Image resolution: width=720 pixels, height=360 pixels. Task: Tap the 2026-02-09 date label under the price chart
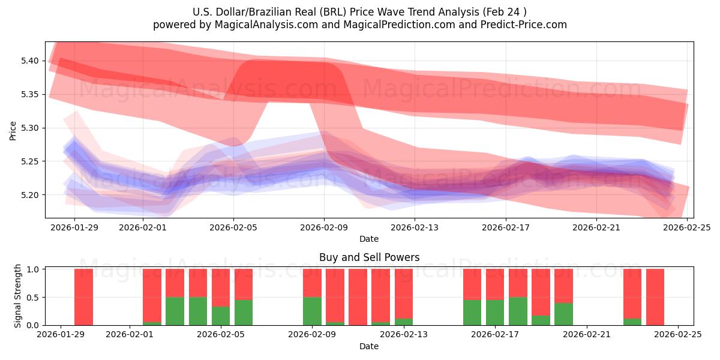pyautogui.click(x=324, y=227)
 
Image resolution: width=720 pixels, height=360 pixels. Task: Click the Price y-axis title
pyautogui.click(x=13, y=130)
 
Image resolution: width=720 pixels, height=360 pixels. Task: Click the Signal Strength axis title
pyautogui.click(x=18, y=296)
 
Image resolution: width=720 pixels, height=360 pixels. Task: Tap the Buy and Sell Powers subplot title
pyautogui.click(x=369, y=257)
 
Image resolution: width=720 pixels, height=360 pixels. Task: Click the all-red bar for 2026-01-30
pyautogui.click(x=83, y=297)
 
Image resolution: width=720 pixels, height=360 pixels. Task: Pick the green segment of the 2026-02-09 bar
pyautogui.click(x=312, y=311)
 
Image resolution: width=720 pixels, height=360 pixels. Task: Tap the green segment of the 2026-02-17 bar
pyautogui.click(x=518, y=311)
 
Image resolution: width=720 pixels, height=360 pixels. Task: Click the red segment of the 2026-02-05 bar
pyautogui.click(x=221, y=287)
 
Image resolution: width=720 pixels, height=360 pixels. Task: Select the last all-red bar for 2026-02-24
pyautogui.click(x=655, y=297)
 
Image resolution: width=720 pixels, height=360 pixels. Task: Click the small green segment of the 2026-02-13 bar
pyautogui.click(x=404, y=322)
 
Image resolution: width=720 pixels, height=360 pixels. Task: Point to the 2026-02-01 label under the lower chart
pyautogui.click(x=130, y=335)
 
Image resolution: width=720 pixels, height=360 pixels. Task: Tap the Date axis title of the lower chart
pyautogui.click(x=369, y=346)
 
